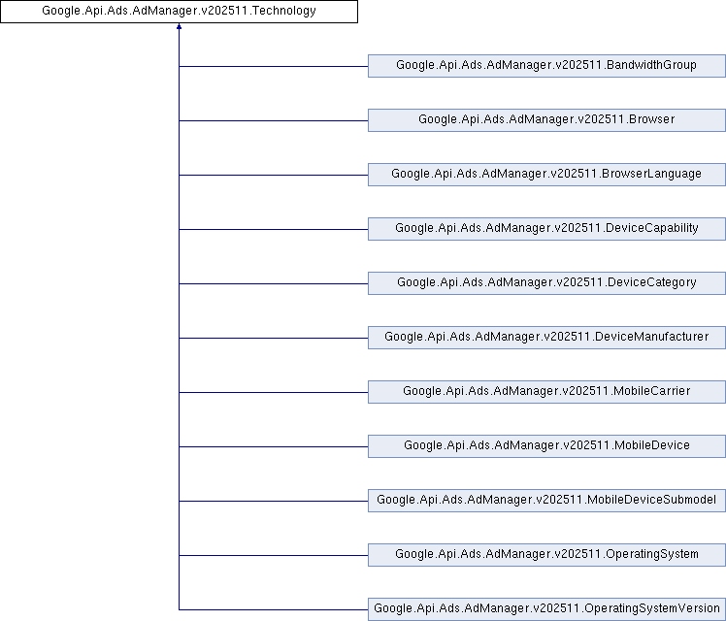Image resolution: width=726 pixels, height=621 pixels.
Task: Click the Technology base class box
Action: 179,11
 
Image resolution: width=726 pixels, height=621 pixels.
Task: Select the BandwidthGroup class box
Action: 546,66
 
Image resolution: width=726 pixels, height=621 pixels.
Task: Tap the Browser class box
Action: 546,120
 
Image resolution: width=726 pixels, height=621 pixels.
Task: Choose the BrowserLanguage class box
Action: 546,175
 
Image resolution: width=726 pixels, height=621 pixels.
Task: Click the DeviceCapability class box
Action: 546,229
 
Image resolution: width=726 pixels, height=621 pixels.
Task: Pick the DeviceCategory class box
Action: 546,283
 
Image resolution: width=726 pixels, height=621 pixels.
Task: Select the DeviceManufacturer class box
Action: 546,338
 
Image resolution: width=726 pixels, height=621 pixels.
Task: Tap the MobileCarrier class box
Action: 546,392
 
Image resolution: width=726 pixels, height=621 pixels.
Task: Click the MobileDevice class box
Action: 546,446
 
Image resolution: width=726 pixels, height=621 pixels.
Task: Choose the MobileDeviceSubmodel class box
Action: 546,501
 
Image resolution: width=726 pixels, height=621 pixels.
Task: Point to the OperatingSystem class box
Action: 546,555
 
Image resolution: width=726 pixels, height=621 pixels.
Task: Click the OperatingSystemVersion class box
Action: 546,609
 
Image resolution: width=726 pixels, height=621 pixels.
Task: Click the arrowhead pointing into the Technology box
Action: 179,26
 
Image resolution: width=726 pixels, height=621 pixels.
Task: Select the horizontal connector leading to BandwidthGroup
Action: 274,66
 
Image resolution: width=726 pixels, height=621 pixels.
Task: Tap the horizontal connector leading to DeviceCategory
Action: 274,283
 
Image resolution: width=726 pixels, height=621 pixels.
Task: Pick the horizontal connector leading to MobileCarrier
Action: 274,392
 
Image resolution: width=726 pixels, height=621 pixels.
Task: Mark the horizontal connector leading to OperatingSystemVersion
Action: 274,609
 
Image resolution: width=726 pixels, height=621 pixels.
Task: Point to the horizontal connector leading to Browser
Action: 274,120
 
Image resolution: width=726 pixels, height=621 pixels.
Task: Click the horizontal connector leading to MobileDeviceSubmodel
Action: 274,501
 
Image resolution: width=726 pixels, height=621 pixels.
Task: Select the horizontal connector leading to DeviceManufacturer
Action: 274,338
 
